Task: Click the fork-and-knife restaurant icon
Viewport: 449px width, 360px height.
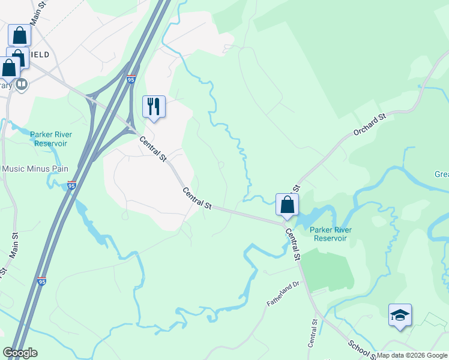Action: click(x=154, y=107)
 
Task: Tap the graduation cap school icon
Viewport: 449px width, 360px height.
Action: click(x=400, y=315)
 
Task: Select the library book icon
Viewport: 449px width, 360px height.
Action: click(x=22, y=85)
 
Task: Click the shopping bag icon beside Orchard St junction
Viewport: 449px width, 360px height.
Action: click(x=288, y=205)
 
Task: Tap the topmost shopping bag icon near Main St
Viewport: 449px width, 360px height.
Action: click(x=19, y=35)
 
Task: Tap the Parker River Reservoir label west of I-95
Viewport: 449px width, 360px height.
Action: click(x=51, y=139)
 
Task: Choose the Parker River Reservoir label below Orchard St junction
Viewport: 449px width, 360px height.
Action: click(x=331, y=234)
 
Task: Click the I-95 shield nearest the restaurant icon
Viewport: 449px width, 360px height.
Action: click(x=131, y=79)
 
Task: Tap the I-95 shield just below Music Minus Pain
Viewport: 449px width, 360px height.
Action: click(x=72, y=185)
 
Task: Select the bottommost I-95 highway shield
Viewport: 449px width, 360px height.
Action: click(x=41, y=280)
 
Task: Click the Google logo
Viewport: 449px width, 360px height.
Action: click(x=20, y=353)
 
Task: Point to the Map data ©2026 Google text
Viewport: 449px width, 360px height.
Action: click(x=412, y=355)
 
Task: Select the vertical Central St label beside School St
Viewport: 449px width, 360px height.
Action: click(x=312, y=333)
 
